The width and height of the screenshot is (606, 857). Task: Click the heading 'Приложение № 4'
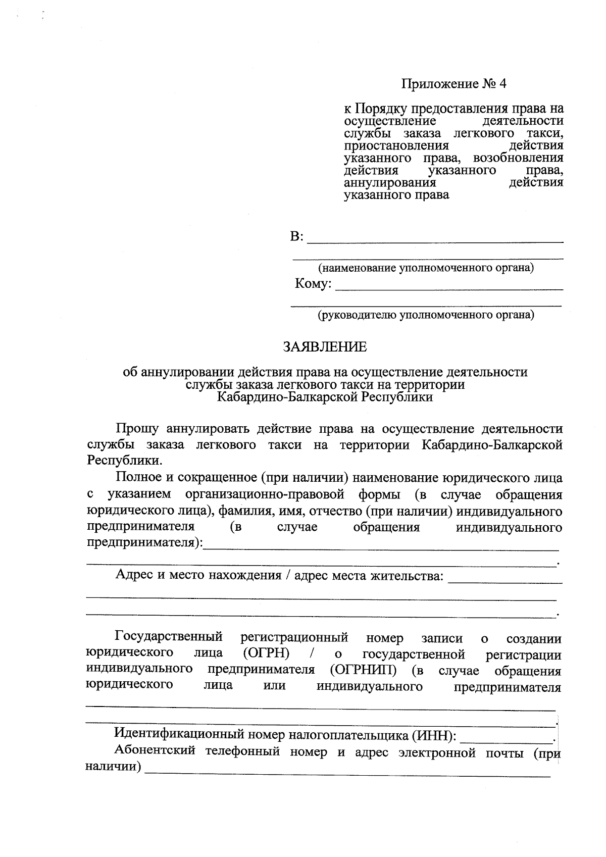point(453,84)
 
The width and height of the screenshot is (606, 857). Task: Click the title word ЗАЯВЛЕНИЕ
point(325,347)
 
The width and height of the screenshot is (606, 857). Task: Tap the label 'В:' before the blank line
point(297,237)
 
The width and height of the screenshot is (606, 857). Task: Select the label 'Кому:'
point(313,284)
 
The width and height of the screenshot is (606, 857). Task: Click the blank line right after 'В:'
point(435,239)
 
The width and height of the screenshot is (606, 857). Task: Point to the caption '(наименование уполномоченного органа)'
point(425,268)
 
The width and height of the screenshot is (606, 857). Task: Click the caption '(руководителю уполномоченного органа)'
point(425,315)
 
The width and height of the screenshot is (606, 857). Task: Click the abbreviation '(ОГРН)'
point(266,653)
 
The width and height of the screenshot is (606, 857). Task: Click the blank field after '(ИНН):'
point(507,738)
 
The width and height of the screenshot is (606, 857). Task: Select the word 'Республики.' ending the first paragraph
point(125,461)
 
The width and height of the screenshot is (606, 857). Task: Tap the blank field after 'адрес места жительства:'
point(505,580)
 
